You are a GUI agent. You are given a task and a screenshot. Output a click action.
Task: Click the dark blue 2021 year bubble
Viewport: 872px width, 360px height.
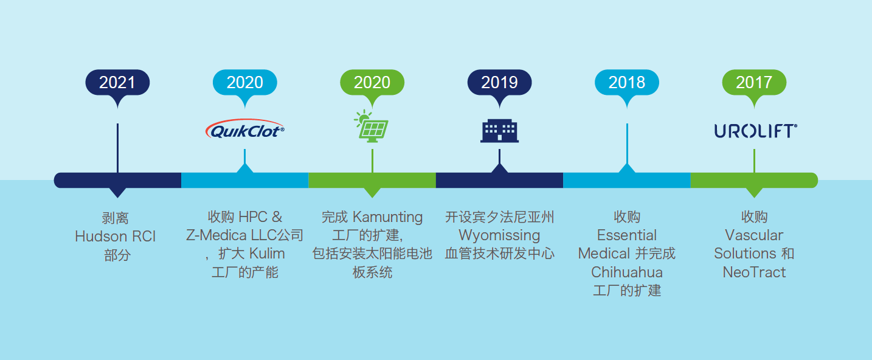click(x=117, y=83)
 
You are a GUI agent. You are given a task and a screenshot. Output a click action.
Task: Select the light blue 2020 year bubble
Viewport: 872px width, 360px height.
click(x=245, y=83)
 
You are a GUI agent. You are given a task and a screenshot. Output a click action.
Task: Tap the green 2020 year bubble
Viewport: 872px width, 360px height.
click(x=372, y=83)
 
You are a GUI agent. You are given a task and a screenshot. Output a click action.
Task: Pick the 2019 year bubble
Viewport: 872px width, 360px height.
click(x=499, y=83)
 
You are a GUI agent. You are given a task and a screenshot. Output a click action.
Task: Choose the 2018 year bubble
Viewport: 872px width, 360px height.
click(x=627, y=83)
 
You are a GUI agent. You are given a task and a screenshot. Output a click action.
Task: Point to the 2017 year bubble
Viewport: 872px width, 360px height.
click(x=754, y=83)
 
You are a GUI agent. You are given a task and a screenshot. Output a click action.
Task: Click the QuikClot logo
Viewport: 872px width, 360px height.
click(x=245, y=129)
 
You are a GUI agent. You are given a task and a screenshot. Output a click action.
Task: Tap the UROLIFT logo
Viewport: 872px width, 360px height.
click(x=756, y=131)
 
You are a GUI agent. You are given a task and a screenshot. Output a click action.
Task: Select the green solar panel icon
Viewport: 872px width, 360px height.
click(x=372, y=126)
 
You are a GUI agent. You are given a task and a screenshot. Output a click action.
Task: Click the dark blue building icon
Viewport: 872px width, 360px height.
click(x=499, y=131)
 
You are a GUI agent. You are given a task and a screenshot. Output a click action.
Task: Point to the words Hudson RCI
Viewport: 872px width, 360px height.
click(x=115, y=236)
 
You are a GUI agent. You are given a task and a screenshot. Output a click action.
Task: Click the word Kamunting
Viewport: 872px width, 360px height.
click(x=387, y=217)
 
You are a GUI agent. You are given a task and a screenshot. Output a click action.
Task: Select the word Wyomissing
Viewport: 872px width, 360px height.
click(x=499, y=235)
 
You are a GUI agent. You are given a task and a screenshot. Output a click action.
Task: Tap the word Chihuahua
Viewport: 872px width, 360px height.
click(x=627, y=272)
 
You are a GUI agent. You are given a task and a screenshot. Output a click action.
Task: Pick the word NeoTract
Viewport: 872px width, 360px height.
click(x=754, y=272)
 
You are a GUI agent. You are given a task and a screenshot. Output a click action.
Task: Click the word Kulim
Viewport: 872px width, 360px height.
click(x=267, y=254)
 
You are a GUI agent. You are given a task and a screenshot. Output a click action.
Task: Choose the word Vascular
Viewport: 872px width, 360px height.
click(x=754, y=235)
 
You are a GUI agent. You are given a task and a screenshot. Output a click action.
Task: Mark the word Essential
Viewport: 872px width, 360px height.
click(x=627, y=235)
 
